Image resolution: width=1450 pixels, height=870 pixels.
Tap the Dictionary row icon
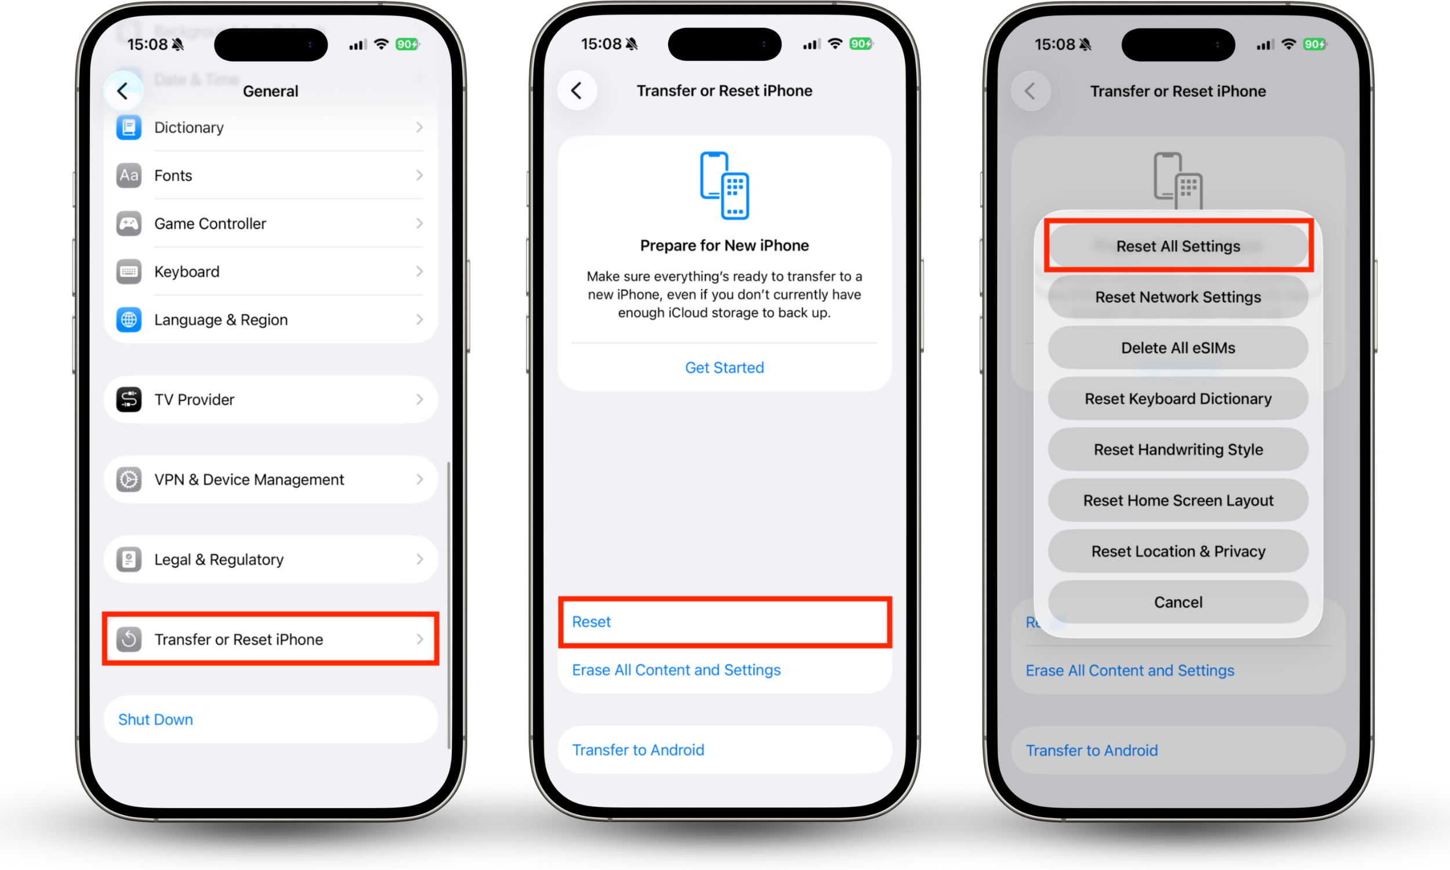click(128, 127)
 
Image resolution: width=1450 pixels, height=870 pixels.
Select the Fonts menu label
click(173, 175)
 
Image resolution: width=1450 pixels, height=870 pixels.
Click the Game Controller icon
click(128, 223)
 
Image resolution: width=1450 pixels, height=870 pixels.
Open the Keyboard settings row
click(270, 271)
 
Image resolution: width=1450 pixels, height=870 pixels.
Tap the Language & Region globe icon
click(128, 320)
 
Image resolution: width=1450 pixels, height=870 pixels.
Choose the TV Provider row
click(270, 399)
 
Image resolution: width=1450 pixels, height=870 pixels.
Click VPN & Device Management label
click(248, 480)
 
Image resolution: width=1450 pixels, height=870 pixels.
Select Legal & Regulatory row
click(270, 559)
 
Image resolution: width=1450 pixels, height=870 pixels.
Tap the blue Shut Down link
click(155, 719)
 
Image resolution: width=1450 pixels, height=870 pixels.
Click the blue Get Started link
click(724, 368)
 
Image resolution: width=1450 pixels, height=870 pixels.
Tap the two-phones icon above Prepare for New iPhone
click(724, 185)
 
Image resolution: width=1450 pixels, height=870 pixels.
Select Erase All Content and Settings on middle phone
click(676, 669)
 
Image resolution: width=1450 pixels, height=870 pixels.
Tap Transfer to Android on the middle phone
click(637, 750)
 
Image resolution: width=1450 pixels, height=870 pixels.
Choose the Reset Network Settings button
click(1177, 297)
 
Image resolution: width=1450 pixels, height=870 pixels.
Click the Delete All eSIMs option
click(1177, 347)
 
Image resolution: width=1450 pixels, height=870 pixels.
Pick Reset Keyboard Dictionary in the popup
click(1177, 398)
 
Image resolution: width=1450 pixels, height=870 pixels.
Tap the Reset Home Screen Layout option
click(1177, 500)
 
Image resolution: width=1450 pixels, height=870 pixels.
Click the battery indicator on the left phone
click(407, 44)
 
